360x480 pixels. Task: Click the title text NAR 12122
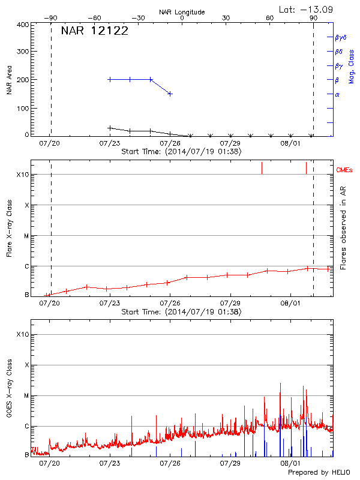94,32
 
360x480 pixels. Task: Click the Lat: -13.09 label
307,9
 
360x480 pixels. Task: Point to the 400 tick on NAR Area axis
23,25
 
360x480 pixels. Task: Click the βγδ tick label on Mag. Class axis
340,37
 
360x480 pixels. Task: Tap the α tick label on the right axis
337,94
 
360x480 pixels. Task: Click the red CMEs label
344,170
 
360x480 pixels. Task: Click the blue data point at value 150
170,94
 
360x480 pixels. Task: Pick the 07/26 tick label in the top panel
170,144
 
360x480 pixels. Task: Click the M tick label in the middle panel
26,236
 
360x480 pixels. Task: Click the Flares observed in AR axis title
343,229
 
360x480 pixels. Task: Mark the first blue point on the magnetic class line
110,79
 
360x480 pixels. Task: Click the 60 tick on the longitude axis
270,18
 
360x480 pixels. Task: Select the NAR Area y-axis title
10,79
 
